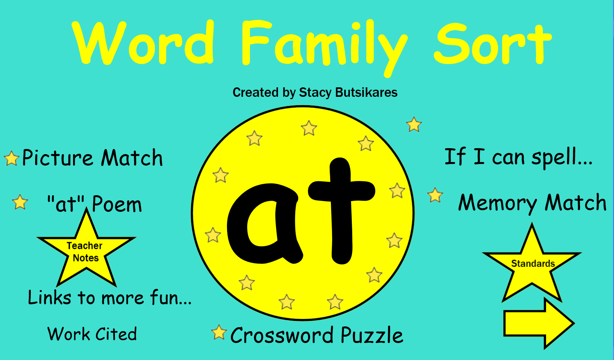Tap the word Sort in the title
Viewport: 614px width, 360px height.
click(492, 43)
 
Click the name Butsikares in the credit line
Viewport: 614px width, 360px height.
click(366, 92)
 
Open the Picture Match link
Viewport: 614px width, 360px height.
click(92, 158)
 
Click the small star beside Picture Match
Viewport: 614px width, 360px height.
click(11, 158)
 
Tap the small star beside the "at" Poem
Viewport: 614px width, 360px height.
click(20, 202)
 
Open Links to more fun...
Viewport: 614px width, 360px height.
click(110, 298)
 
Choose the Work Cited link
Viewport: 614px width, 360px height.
click(92, 334)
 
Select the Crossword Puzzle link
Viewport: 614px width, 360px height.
click(317, 335)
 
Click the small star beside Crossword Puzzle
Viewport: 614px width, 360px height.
click(219, 332)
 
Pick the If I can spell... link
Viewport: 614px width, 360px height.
click(518, 157)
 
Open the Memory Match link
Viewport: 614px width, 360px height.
click(532, 203)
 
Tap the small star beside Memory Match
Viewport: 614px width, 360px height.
click(435, 195)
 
